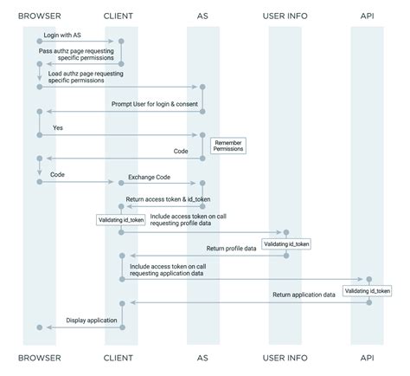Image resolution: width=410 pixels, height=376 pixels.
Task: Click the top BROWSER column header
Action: click(x=38, y=15)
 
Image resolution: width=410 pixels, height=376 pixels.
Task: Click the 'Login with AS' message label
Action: click(x=63, y=35)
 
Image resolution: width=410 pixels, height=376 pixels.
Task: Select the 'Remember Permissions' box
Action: click(x=228, y=145)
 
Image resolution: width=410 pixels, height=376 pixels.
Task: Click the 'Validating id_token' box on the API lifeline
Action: click(x=367, y=291)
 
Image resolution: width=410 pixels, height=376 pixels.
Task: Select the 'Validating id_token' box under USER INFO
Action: click(x=285, y=244)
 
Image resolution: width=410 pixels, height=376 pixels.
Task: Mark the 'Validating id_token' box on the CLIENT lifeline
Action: click(x=120, y=220)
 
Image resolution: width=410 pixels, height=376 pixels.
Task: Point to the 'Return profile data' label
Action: click(x=232, y=248)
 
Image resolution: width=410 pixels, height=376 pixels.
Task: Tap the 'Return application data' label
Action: click(x=304, y=295)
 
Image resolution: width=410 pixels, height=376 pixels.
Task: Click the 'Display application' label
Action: click(x=92, y=320)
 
